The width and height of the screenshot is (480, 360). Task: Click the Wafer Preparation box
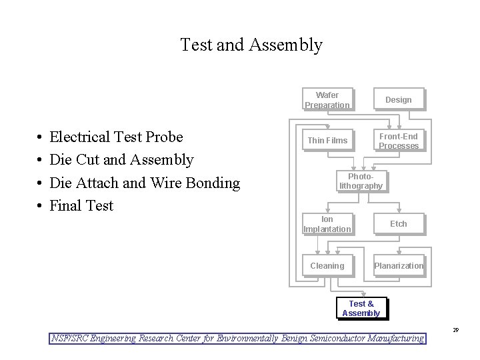(327, 100)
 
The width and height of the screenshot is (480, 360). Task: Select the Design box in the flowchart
(398, 100)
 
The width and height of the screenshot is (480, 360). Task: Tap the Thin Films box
(327, 140)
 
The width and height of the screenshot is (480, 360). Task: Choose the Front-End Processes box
(398, 141)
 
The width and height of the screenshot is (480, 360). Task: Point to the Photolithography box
(361, 181)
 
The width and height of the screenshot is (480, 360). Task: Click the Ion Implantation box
(327, 224)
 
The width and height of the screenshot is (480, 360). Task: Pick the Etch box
(398, 224)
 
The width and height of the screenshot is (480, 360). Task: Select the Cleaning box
(327, 266)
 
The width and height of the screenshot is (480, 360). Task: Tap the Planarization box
(398, 266)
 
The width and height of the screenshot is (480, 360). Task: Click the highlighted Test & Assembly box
(361, 308)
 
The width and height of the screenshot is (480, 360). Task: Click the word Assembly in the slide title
(286, 45)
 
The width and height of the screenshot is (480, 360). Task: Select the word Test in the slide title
(196, 45)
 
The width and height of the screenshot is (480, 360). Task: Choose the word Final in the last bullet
(64, 205)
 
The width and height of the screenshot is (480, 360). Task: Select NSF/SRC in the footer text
(70, 339)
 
